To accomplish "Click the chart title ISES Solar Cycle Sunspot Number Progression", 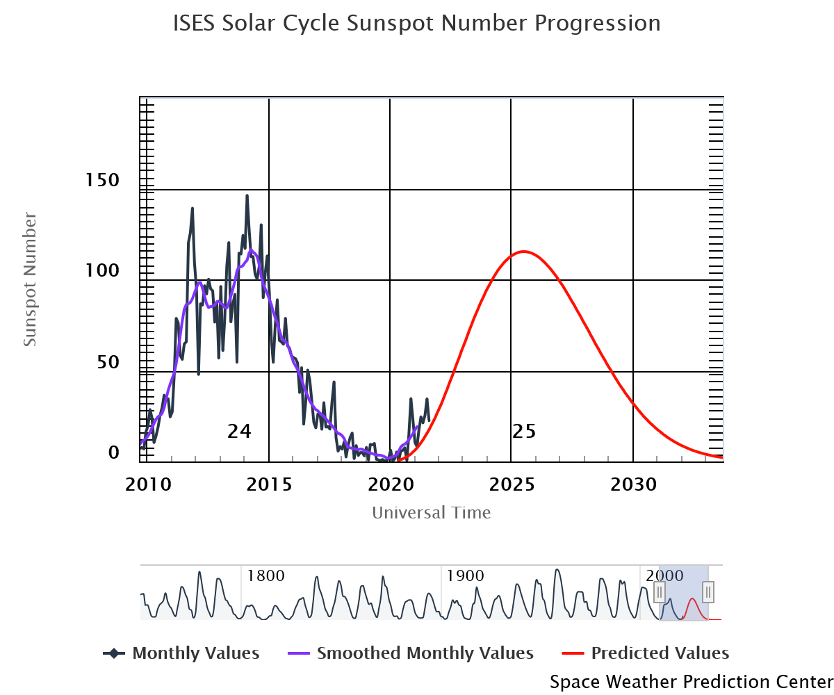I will [x=416, y=24].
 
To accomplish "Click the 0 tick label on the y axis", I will [x=114, y=453].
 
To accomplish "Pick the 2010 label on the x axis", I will [x=148, y=484].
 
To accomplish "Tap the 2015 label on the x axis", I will [x=269, y=484].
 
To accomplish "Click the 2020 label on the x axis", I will [x=390, y=484].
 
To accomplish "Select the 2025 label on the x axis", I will [x=512, y=484].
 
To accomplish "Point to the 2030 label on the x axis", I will [x=633, y=484].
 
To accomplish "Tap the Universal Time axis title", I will [x=432, y=513].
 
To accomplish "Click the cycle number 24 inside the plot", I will [x=239, y=432].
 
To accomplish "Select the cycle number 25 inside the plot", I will [x=524, y=432].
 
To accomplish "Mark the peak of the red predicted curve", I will [x=523, y=252].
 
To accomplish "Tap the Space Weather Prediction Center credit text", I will [x=691, y=682].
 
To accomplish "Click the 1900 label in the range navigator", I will [x=465, y=576].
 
